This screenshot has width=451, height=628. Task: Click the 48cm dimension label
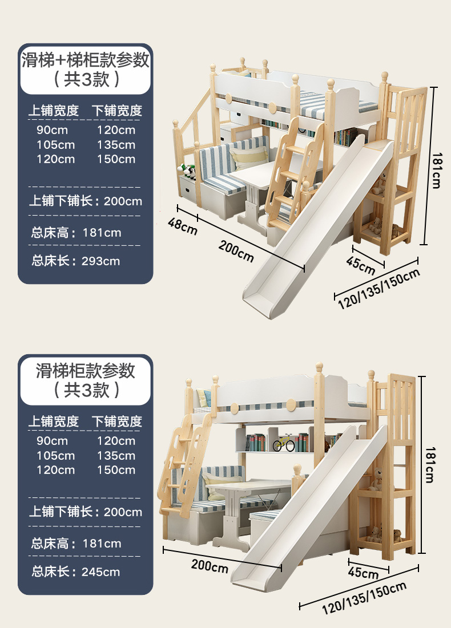point(182,225)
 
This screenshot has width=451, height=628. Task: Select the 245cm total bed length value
point(100,572)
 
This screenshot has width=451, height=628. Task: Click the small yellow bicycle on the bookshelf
point(283,443)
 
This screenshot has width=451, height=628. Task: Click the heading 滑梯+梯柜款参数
point(86,59)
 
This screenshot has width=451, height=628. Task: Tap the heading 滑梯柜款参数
point(86,371)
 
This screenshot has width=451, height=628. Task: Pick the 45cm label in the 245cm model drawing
point(363,572)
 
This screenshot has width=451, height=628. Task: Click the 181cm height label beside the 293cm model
point(436,171)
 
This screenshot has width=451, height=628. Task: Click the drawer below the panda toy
point(188,188)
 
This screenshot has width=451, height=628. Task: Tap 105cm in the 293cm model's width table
point(55,145)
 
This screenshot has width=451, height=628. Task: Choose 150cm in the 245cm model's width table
point(116,470)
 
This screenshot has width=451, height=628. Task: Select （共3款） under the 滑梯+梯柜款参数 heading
point(86,79)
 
